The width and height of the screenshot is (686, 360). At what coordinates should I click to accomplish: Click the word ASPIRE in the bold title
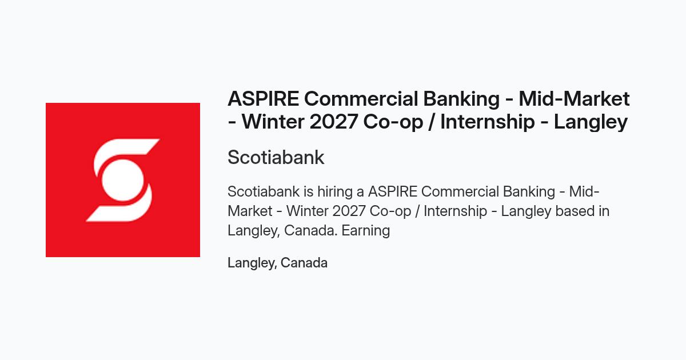[x=264, y=98]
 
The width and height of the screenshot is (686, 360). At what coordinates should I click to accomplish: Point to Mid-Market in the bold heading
[x=574, y=98]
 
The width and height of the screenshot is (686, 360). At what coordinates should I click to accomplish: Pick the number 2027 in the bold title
[x=333, y=122]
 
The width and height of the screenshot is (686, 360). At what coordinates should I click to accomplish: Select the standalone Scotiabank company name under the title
[x=276, y=157]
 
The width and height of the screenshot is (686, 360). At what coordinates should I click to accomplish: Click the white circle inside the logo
[x=122, y=181]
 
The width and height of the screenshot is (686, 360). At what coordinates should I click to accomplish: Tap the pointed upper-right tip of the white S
[x=159, y=139]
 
